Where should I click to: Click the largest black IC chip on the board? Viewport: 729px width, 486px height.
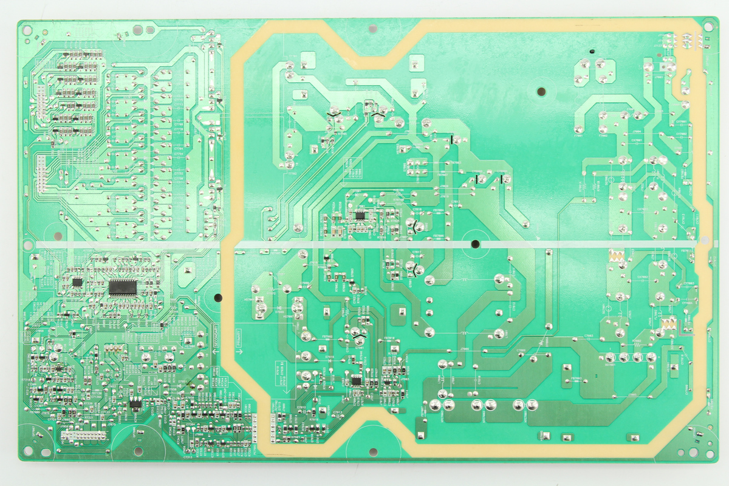(123, 287)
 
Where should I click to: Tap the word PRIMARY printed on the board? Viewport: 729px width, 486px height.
(239, 338)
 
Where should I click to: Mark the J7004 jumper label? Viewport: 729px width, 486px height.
(637, 131)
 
